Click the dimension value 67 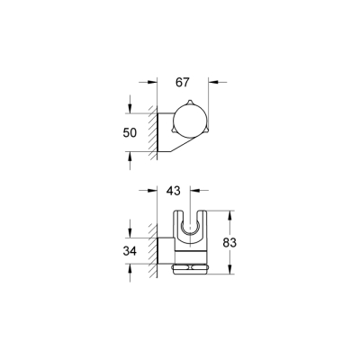pyautogui.click(x=183, y=83)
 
